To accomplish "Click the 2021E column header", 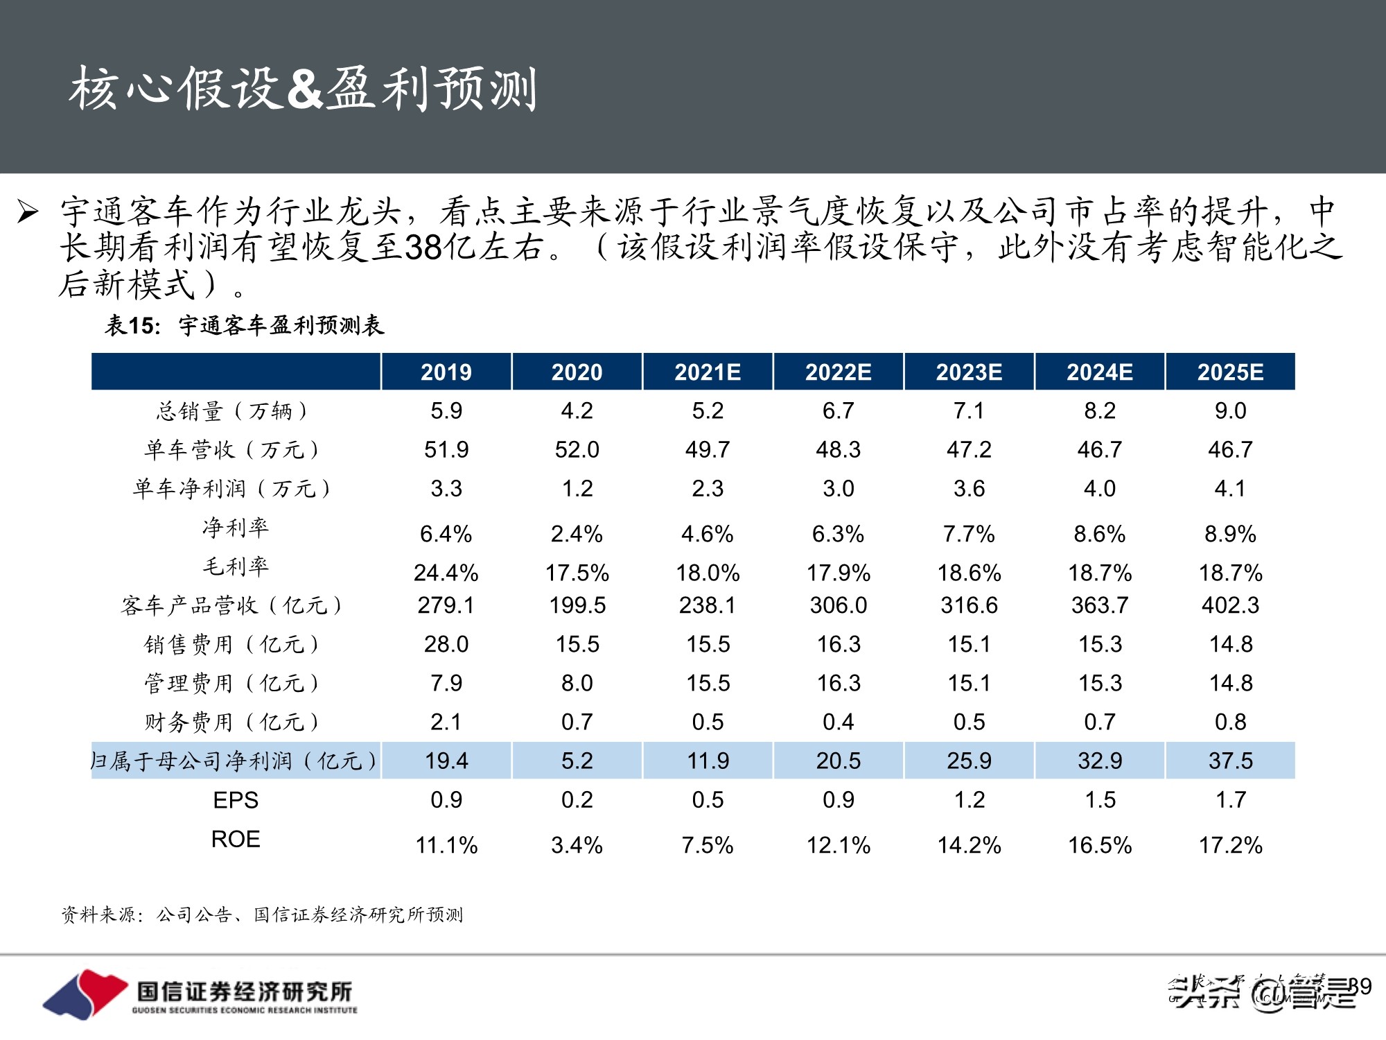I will pos(708,372).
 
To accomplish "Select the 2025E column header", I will pos(1230,372).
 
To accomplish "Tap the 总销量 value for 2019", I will pos(446,410).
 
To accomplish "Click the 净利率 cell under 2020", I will pos(577,534).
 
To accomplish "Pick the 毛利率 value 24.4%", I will pos(446,573).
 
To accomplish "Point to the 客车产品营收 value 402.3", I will pos(1230,605).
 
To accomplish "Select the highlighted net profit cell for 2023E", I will pos(969,761).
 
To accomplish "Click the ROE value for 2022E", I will pos(838,845).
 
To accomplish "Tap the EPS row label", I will pos(236,800).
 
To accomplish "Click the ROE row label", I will pos(236,839).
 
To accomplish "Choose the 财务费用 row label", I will pos(232,722).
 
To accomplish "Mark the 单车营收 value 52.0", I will pos(577,449).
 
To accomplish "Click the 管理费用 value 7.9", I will pos(446,683).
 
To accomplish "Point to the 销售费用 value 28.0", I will pos(446,644).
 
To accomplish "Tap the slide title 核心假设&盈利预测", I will pos(303,89).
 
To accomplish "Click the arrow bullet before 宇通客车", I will pos(28,211).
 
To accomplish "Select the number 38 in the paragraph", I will pos(423,248).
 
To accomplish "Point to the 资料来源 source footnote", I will pos(262,915).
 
